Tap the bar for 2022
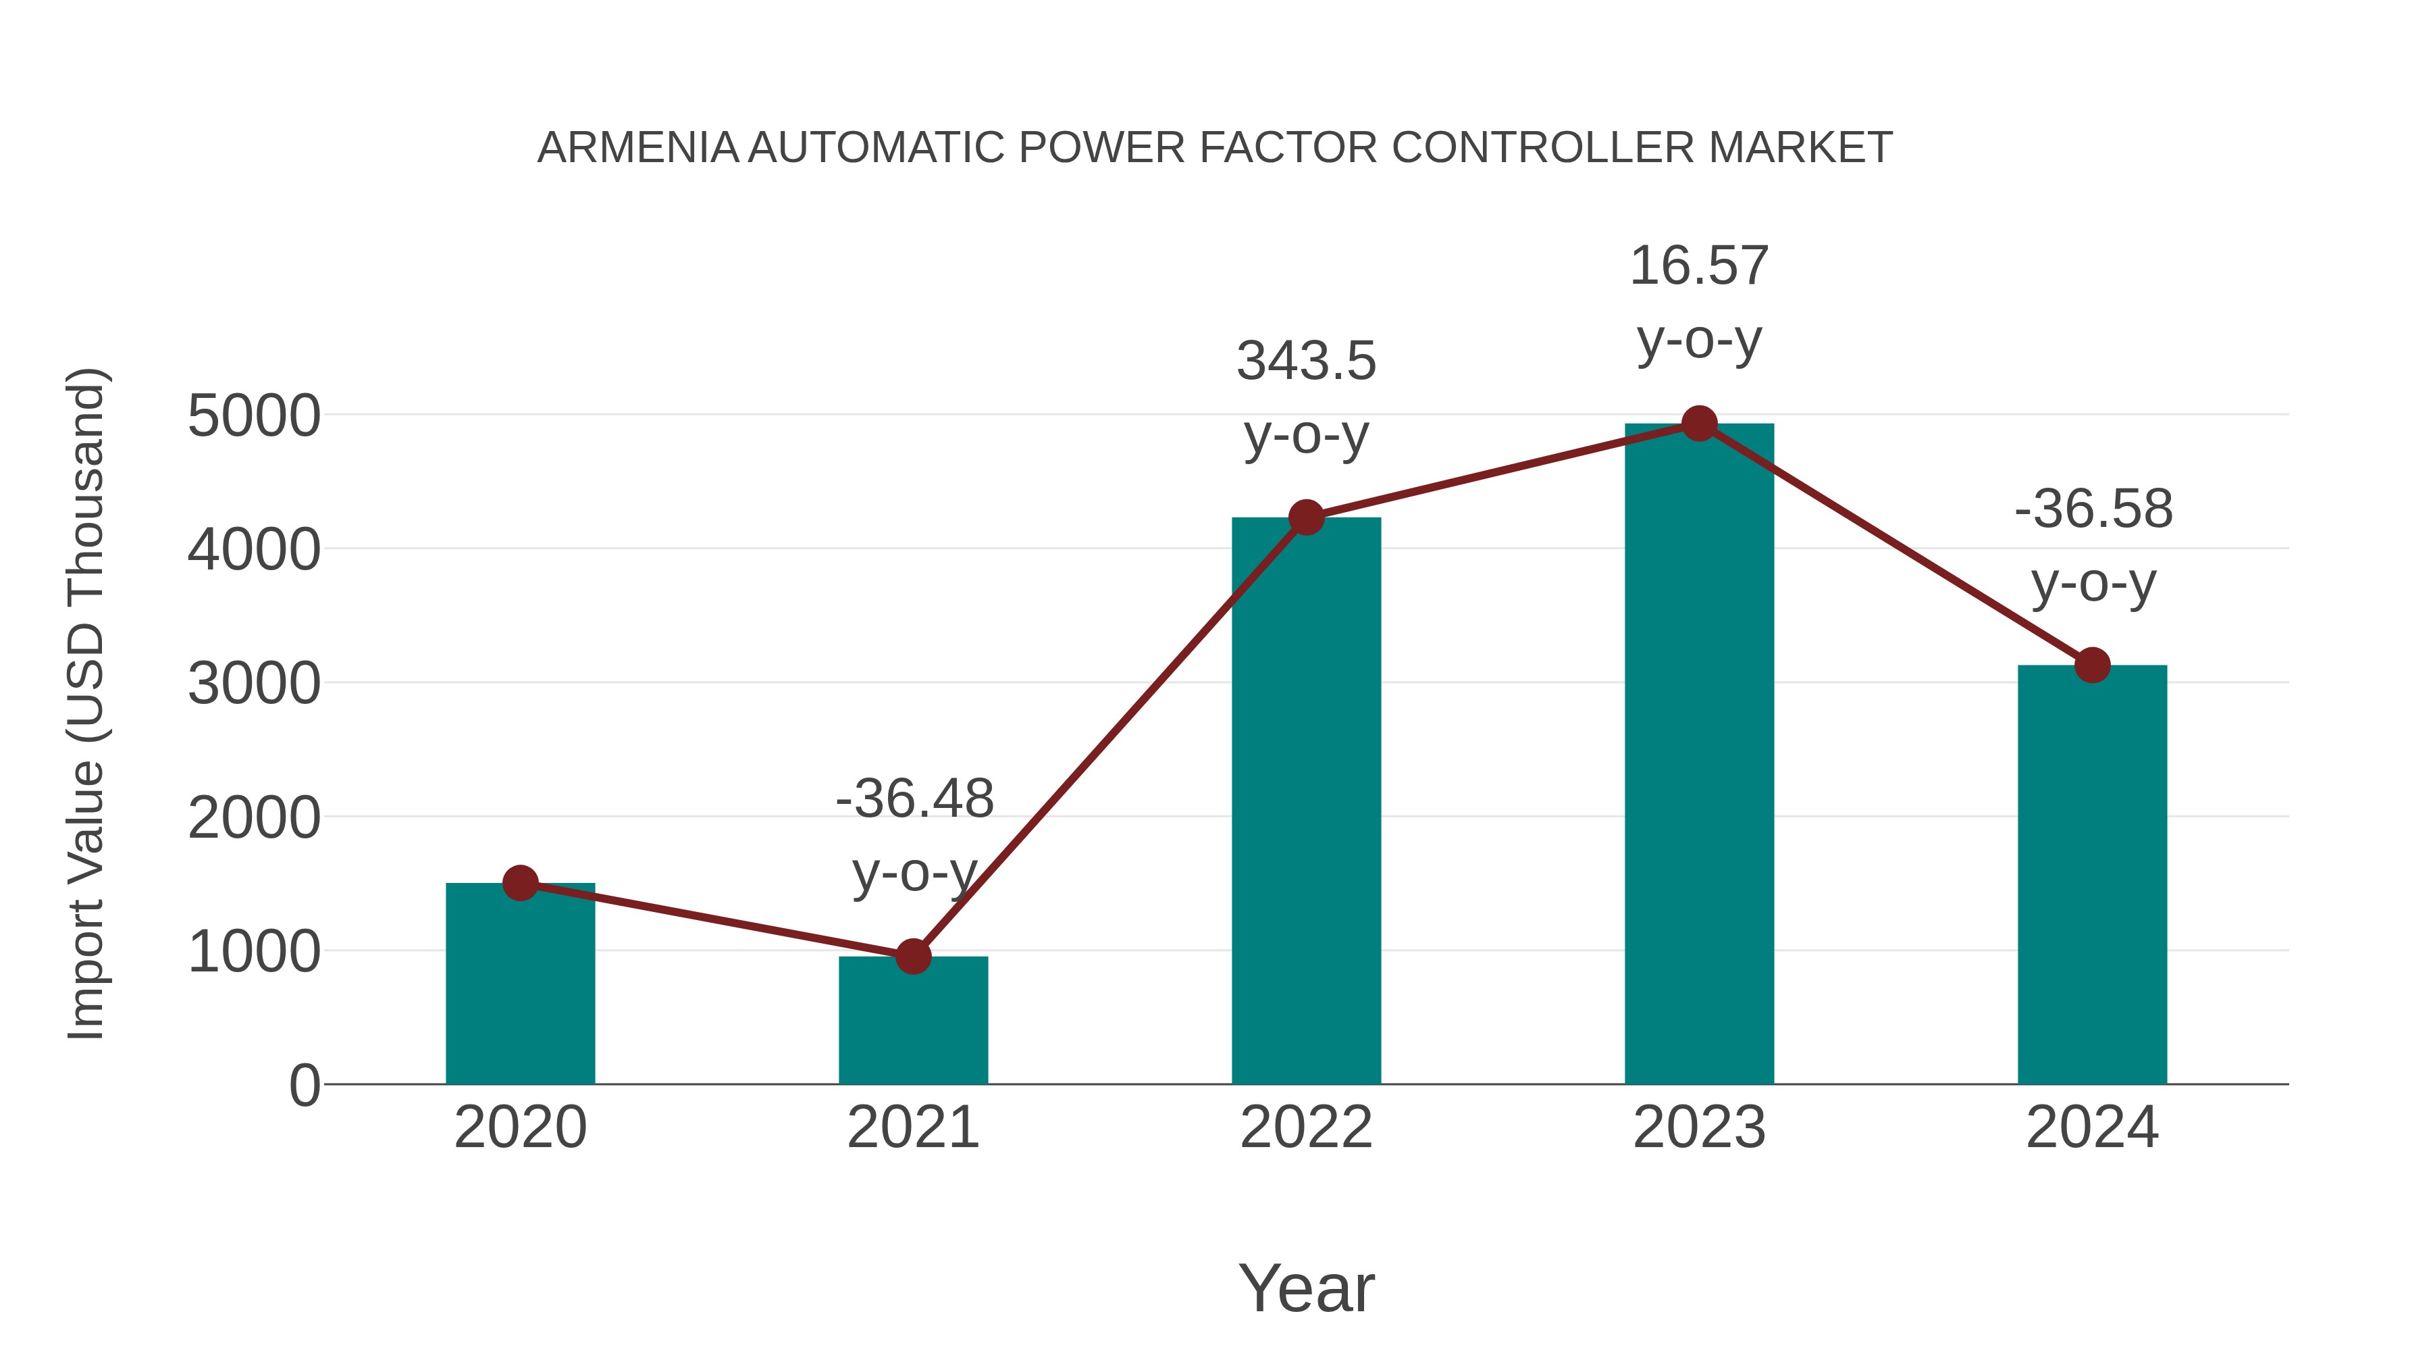tap(1306, 803)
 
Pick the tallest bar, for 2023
tap(1699, 755)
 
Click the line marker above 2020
tap(520, 883)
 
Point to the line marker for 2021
tap(912, 957)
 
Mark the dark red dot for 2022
tap(1306, 517)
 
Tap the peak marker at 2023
tap(1699, 424)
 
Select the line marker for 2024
tap(2092, 665)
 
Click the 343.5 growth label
tap(1306, 361)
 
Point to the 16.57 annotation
tap(1699, 266)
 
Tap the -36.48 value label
tap(914, 799)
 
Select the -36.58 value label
tap(2093, 510)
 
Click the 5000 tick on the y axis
tap(254, 416)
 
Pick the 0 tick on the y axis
tap(304, 1086)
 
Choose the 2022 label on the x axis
tap(1306, 1128)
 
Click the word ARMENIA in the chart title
tap(638, 148)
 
